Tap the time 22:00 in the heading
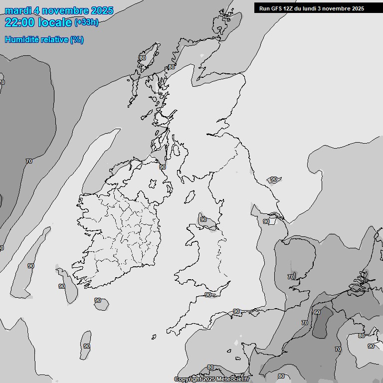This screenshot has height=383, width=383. pos(20,22)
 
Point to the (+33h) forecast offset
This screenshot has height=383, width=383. pos(87,22)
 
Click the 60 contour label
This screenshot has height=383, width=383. pos(317,312)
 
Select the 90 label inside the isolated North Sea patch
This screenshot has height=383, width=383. pos(273,179)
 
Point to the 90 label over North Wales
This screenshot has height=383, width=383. pos(203,219)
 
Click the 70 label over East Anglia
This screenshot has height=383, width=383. pos(291,276)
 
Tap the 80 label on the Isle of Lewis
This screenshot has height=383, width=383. pos(143,58)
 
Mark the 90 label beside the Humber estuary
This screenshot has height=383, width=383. pos(266,221)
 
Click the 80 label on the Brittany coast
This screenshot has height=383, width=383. pos(210,367)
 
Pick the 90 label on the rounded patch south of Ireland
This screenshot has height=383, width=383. pos(98,300)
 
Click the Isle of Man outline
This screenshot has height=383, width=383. pos(190,196)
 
